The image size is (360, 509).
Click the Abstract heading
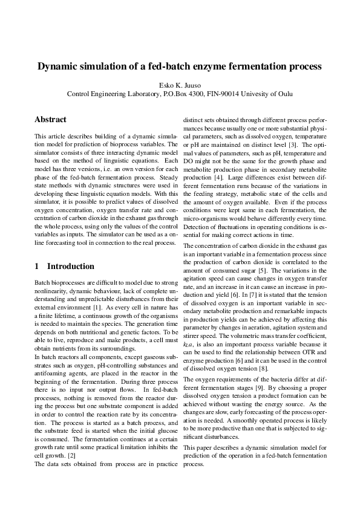click(x=50, y=120)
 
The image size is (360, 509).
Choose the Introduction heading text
click(x=71, y=267)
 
